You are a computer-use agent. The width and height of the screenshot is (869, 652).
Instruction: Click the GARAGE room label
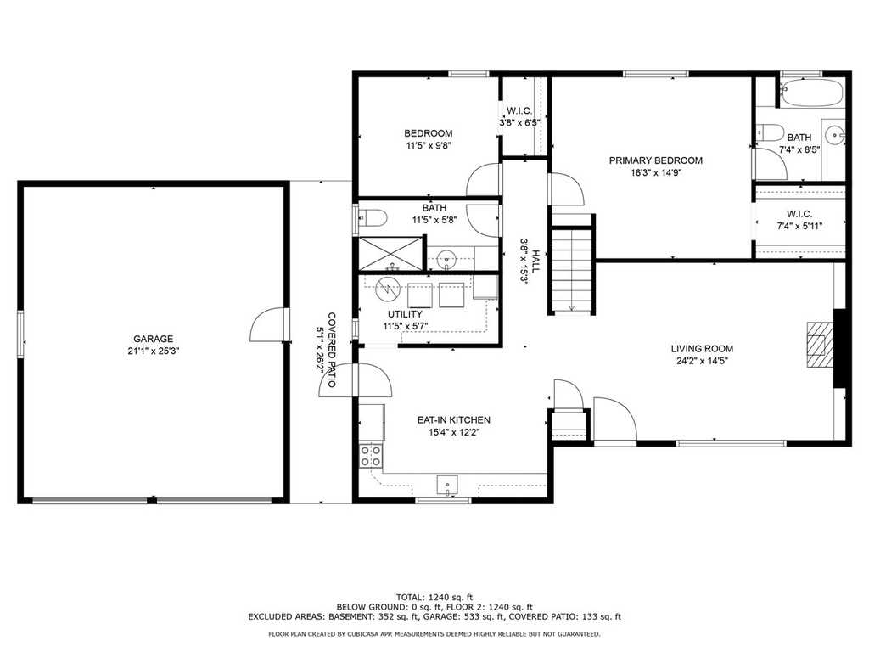coord(153,339)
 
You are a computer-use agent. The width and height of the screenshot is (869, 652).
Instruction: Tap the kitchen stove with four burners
coord(371,456)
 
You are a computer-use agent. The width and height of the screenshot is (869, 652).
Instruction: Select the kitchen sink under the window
coord(447,485)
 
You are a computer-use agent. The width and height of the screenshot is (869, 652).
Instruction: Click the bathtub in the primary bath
coord(812,93)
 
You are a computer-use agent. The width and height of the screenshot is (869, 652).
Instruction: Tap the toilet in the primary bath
coord(769,133)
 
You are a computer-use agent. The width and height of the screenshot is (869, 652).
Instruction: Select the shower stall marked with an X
coord(390,254)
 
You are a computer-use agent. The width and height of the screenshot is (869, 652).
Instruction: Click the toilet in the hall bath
coord(372,218)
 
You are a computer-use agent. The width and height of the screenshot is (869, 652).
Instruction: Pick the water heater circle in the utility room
coord(387,289)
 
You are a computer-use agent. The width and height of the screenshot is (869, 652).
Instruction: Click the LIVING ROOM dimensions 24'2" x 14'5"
coord(702,361)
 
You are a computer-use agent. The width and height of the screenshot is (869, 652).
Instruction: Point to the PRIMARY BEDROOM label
coord(656,160)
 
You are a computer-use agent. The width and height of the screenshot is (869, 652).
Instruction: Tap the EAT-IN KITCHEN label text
coord(453,420)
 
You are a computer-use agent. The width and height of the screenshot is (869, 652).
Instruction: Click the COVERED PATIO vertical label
coord(332,350)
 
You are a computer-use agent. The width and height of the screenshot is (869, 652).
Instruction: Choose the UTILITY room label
coord(405,314)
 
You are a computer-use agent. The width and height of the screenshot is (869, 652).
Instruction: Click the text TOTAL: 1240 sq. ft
coord(434,597)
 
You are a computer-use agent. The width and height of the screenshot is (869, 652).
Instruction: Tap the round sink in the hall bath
coord(446,258)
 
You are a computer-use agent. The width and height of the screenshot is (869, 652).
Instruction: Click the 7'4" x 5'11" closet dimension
coord(799,226)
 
